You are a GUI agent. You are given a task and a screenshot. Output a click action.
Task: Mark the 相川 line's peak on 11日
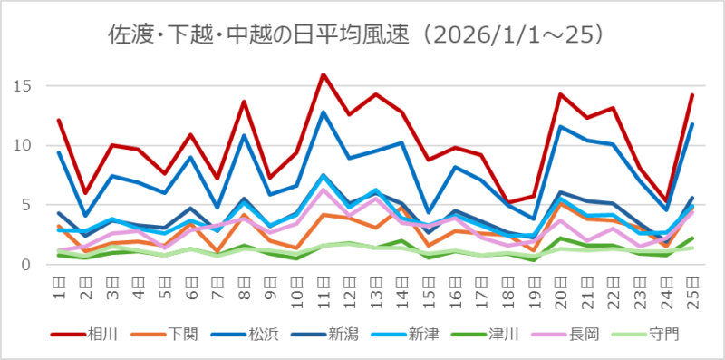tap(324, 74)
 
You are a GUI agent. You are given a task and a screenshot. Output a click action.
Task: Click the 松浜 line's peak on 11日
tap(324, 112)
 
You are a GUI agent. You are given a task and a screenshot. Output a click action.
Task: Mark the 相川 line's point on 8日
tap(244, 102)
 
